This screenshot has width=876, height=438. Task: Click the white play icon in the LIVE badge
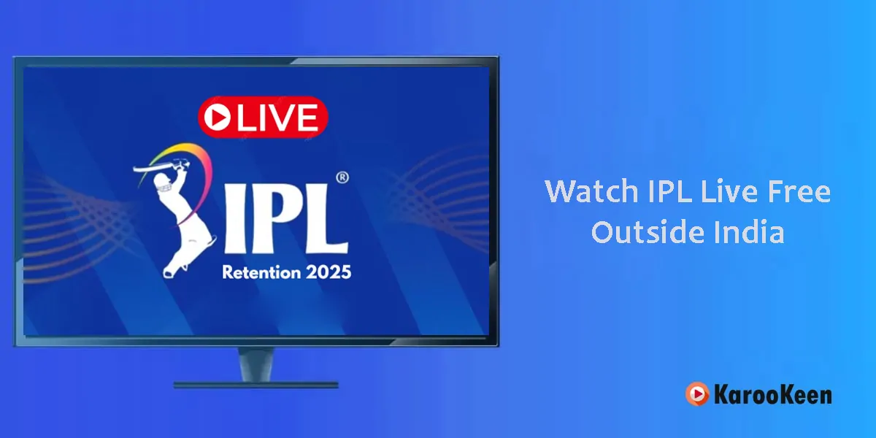point(218,117)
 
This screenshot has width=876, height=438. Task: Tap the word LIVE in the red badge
point(278,117)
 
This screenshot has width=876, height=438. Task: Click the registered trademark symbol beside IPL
point(342,177)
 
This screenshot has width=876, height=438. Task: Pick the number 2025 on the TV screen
point(328,272)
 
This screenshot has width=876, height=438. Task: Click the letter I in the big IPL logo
point(236,220)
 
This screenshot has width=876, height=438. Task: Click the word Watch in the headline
point(592,191)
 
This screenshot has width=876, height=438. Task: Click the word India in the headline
point(749,232)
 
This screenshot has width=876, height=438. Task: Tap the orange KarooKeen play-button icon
point(697,393)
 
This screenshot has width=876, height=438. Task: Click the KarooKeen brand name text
point(773,394)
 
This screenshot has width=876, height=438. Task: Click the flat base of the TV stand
point(255,385)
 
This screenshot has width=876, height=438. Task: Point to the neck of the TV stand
point(255,364)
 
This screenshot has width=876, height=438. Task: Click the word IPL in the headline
point(669,191)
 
